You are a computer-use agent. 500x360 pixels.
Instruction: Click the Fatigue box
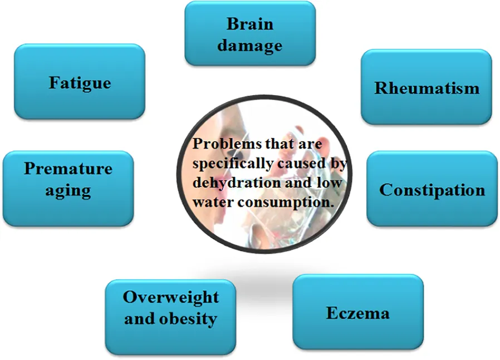point(80,82)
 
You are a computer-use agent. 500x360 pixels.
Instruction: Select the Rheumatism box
point(427,87)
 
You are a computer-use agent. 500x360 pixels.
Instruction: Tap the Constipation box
point(432,189)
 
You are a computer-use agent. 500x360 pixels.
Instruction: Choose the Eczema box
point(358,312)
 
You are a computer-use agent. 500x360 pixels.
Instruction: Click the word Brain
point(250,24)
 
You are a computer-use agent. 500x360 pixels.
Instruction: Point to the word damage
point(250,46)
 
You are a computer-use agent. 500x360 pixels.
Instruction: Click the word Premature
point(68,169)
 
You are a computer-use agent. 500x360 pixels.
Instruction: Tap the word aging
point(68,191)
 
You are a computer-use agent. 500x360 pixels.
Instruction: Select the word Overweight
point(170,298)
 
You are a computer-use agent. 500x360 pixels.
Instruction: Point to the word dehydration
point(237,183)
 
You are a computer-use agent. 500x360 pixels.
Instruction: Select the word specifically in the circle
point(233,164)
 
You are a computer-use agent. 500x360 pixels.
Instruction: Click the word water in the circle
point(213,203)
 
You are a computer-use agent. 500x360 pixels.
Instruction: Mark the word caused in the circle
point(302,164)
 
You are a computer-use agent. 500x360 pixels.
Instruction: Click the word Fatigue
point(80,83)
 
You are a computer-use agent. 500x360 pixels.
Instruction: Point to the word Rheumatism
point(427,88)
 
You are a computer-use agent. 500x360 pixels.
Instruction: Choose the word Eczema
point(358,313)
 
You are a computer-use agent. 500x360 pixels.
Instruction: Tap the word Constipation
point(432,190)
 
